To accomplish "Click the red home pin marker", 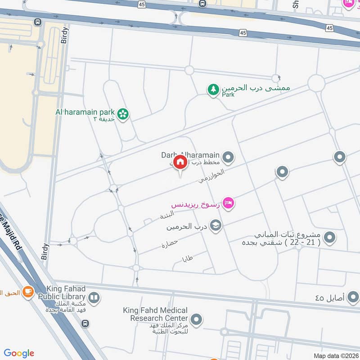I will pos(180,162).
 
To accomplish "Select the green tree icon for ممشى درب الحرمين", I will pos(213,90).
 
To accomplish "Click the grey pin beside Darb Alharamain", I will pos(229,157).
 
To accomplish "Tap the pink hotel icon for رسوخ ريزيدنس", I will pos(229,204).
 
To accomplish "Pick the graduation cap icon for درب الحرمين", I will pos(216,225).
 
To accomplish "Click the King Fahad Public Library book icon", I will pos(94,297).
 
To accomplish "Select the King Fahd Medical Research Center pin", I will pos(196,320).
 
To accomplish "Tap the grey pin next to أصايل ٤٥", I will pos(353,297).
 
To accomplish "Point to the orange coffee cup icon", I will pos(28,292).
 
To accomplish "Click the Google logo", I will pos(19,353).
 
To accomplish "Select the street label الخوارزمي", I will pos(211,176).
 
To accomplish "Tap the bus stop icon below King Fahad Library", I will pos(85,324).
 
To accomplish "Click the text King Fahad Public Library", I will pos(61,293).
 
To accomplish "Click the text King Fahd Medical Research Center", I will pos(155,315).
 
